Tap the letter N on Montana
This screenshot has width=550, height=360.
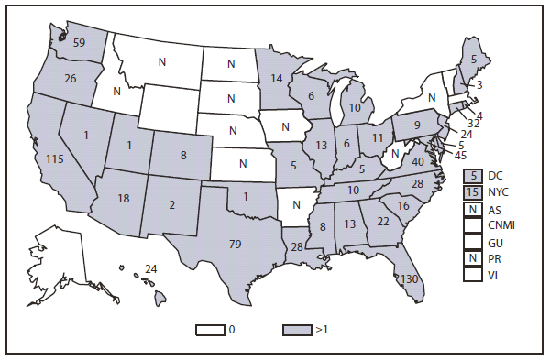[161, 61]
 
